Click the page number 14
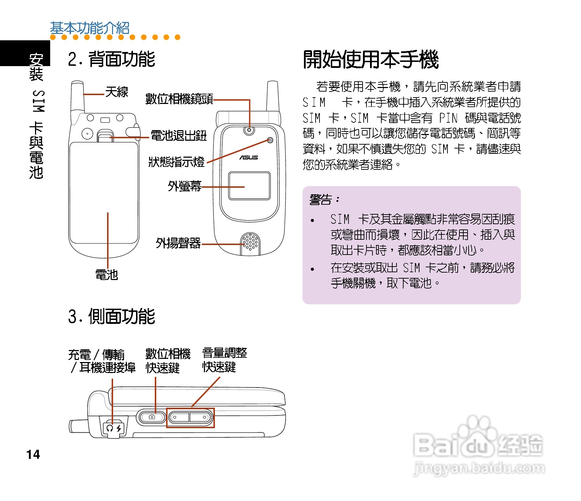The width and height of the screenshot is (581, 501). (33, 454)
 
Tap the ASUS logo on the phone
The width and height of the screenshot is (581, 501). (249, 157)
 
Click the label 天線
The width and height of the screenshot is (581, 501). (117, 92)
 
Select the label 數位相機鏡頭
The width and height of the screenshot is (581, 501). (179, 99)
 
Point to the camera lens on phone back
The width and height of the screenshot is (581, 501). (249, 130)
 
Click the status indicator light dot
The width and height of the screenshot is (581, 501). (270, 140)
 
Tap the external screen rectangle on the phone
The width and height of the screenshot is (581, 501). (249, 186)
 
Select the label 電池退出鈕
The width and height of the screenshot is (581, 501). (178, 135)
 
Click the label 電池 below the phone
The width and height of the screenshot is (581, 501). (106, 275)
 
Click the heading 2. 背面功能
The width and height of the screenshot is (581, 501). (111, 59)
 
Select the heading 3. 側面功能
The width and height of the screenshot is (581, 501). (111, 316)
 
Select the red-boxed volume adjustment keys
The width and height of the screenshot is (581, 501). (190, 418)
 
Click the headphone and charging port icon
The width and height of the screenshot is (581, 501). (114, 429)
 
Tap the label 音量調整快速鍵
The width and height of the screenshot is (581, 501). (224, 360)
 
